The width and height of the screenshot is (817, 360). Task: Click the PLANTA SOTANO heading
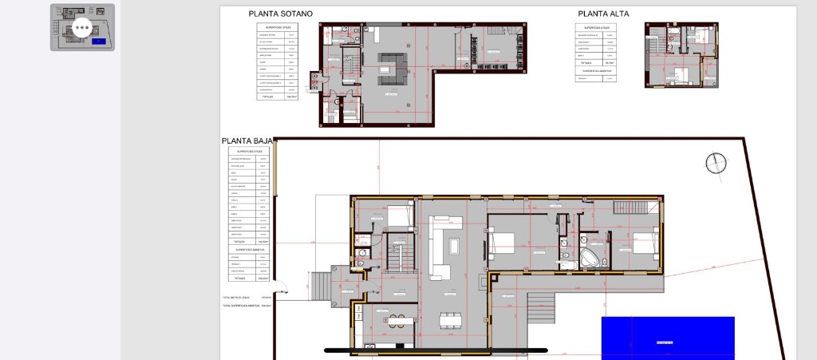click(x=280, y=14)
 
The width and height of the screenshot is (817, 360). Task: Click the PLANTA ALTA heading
click(x=603, y=14)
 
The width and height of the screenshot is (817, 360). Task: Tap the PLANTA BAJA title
click(x=247, y=141)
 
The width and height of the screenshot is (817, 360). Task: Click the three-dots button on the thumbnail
click(x=82, y=28)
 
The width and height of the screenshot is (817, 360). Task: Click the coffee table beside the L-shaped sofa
click(x=455, y=246)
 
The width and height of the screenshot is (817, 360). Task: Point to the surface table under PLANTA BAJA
click(x=248, y=214)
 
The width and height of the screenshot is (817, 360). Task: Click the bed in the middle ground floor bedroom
click(x=502, y=242)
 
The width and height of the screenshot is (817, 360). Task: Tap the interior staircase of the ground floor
click(x=399, y=257)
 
